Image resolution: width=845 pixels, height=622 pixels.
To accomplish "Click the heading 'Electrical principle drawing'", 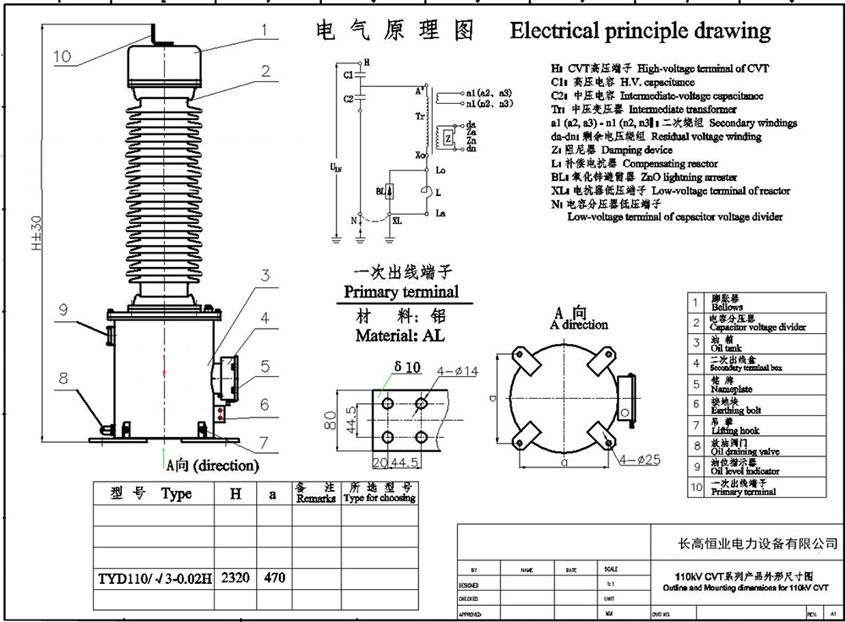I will pos(641,31).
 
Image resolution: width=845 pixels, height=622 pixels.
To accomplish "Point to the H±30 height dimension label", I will pos(35,239).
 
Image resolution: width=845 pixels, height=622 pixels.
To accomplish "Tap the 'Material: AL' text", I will pos(400,335).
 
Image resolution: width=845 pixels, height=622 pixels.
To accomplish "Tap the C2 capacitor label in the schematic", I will pos(349,99).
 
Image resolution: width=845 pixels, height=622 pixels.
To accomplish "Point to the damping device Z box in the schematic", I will pos(446,137).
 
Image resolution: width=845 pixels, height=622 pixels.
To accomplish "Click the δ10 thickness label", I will pos(406,368).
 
